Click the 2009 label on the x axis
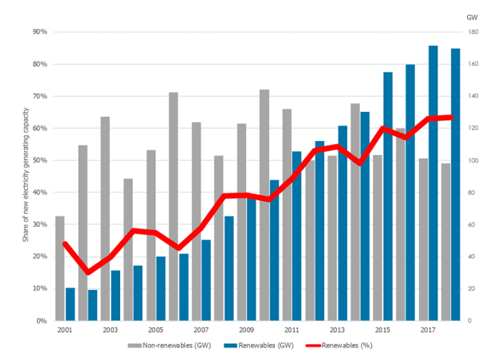click(246, 330)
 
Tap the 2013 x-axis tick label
click(336, 330)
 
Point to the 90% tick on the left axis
click(38, 32)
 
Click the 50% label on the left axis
click(38, 160)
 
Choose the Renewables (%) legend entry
click(337, 345)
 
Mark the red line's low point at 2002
click(88, 272)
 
